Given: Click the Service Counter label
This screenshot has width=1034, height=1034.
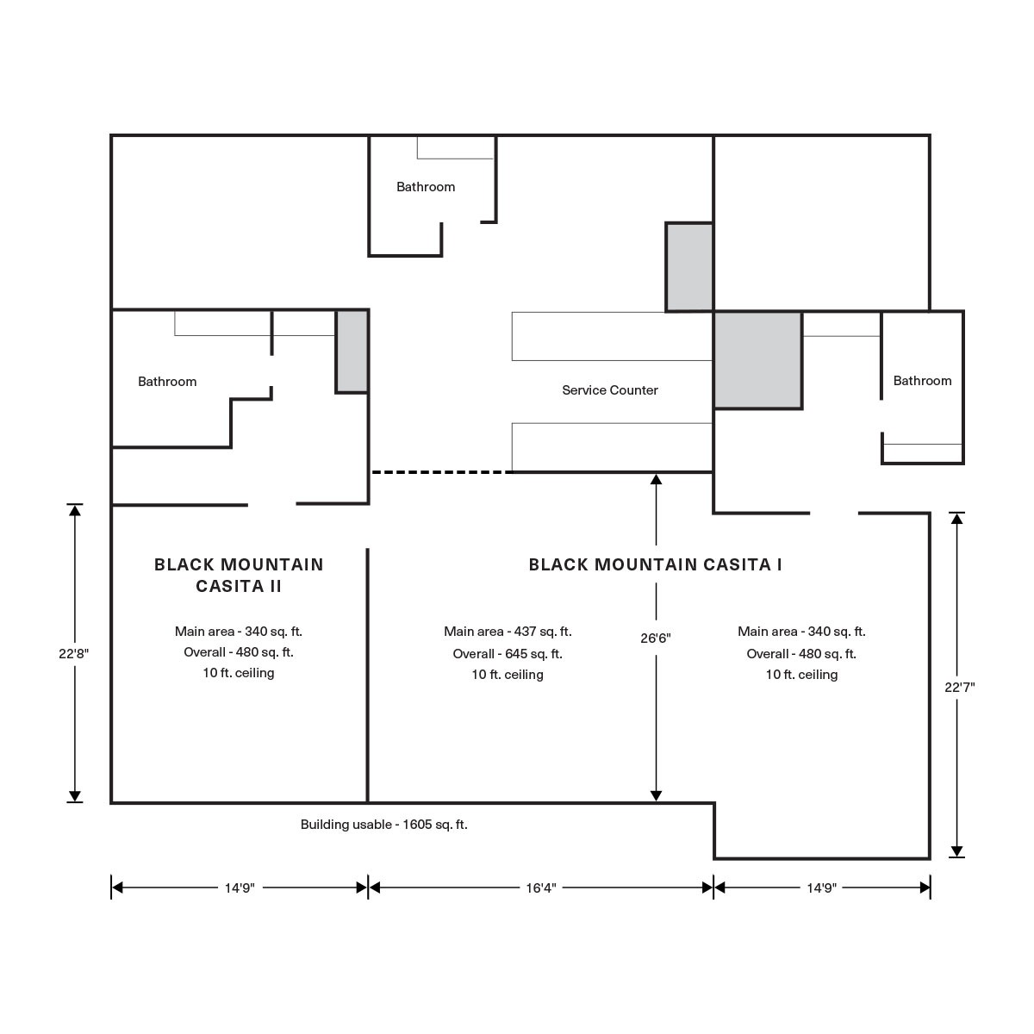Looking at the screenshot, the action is point(609,390).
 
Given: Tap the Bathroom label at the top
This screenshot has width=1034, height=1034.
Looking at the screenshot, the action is point(426,187).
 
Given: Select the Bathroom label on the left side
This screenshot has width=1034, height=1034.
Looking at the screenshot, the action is point(167,382).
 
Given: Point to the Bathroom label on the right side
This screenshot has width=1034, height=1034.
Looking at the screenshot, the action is point(922,381).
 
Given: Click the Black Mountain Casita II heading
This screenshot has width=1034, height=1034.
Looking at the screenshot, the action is point(239,575).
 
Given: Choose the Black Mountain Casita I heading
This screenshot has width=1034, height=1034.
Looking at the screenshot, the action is point(655,564).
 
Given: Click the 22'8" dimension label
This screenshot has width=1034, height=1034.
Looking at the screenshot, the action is point(74,653).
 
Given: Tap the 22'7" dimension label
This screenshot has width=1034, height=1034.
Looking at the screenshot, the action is point(959,688).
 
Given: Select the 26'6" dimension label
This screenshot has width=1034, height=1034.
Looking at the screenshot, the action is point(656,638).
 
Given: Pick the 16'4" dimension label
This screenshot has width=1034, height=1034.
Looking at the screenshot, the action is point(541,888).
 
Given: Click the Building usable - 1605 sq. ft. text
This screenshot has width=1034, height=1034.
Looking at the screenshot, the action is point(383,825).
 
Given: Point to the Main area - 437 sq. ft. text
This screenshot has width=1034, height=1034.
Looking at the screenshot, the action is point(508,632).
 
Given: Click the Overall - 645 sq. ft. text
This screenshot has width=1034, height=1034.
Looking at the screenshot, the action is point(508,653).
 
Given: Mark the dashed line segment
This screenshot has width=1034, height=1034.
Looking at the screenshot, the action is point(442,472).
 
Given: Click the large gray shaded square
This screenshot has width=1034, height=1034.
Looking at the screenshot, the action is point(757,360).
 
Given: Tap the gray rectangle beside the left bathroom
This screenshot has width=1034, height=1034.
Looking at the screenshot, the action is point(352,351).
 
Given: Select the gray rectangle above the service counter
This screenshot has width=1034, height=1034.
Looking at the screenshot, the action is point(689,266).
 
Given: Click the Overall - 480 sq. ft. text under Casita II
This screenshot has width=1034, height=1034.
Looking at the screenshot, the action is point(239,652).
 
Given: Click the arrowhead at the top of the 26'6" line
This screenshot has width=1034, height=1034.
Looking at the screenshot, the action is point(656,479).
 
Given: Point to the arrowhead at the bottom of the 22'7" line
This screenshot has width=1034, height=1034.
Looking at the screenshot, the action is point(956,851).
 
